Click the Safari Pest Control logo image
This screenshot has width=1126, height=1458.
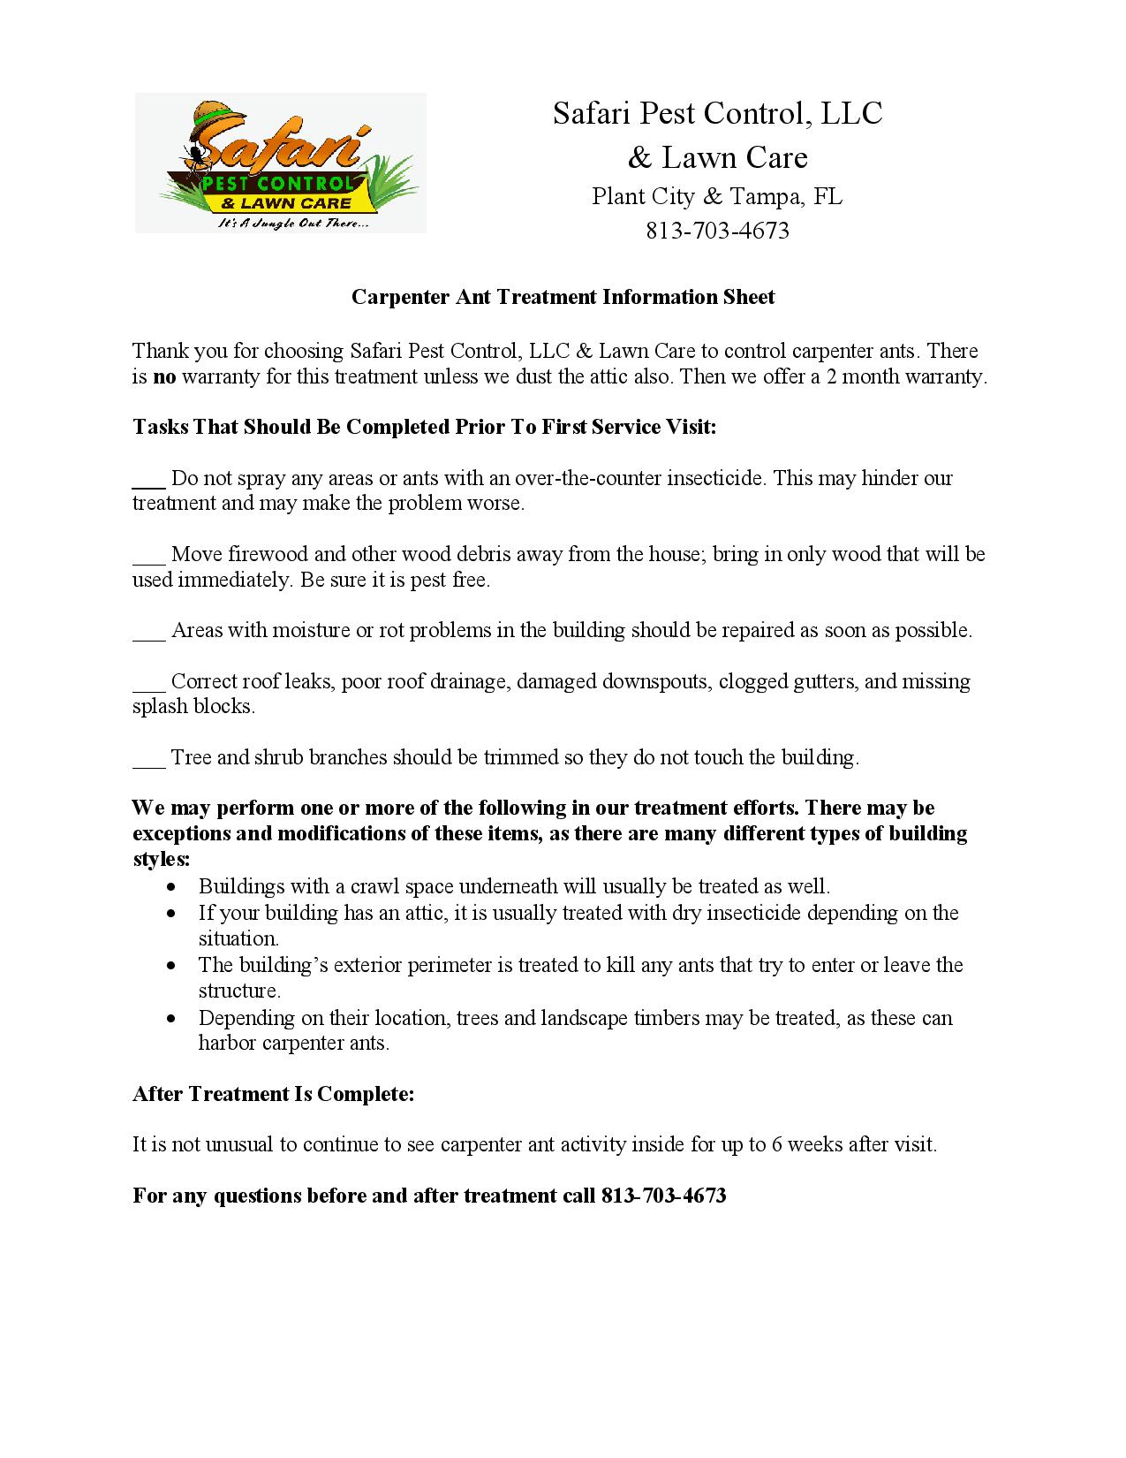[280, 163]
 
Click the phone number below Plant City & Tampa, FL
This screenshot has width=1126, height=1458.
[717, 231]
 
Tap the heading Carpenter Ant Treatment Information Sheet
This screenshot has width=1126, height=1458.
[563, 297]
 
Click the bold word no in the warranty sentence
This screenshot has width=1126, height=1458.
[165, 376]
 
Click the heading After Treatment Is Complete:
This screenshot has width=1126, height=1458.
[274, 1094]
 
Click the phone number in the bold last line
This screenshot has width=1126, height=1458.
[663, 1196]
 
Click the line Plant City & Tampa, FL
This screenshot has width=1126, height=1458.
[717, 196]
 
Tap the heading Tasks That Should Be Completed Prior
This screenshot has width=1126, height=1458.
[424, 427]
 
